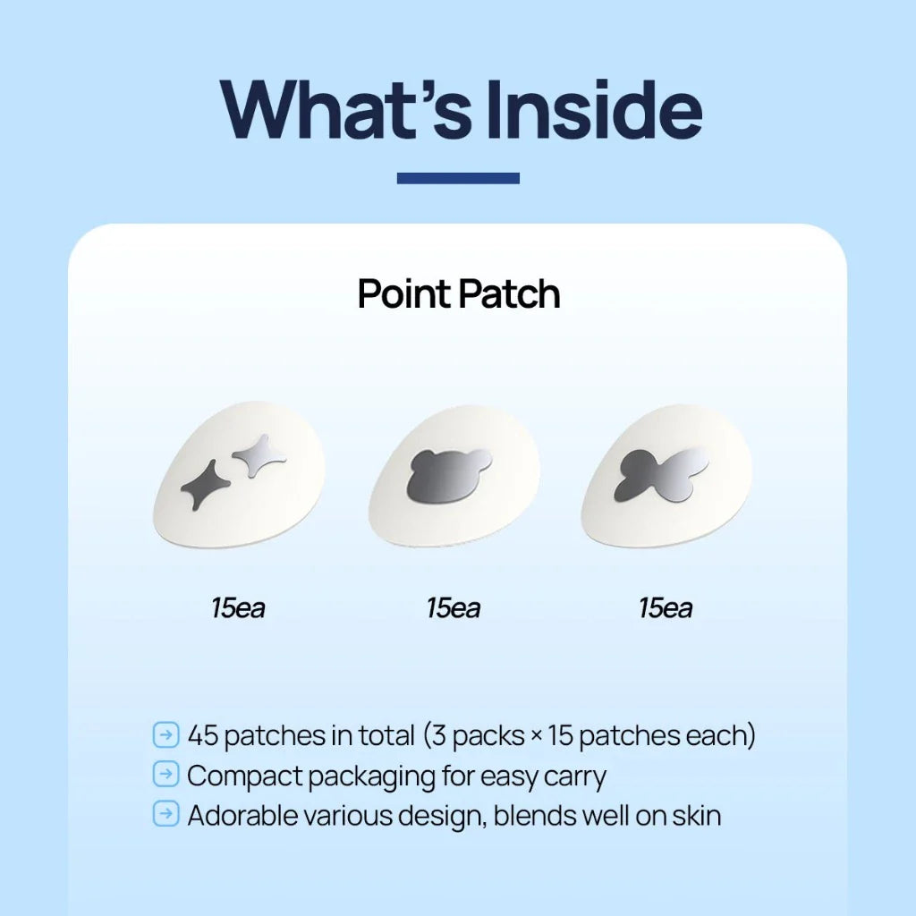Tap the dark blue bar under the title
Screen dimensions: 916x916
pyautogui.click(x=458, y=178)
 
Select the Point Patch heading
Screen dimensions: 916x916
pyautogui.click(x=459, y=294)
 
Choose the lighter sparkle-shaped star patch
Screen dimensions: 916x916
pyautogui.click(x=259, y=454)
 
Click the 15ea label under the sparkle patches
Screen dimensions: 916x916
pyautogui.click(x=238, y=609)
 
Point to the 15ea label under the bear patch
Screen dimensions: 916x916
pyautogui.click(x=453, y=609)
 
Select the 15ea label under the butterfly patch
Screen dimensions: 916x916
pyautogui.click(x=666, y=609)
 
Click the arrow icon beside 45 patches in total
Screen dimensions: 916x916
pyautogui.click(x=166, y=735)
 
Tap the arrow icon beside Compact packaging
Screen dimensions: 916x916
pyautogui.click(x=166, y=775)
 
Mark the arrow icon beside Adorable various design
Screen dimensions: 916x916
pyautogui.click(x=166, y=815)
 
